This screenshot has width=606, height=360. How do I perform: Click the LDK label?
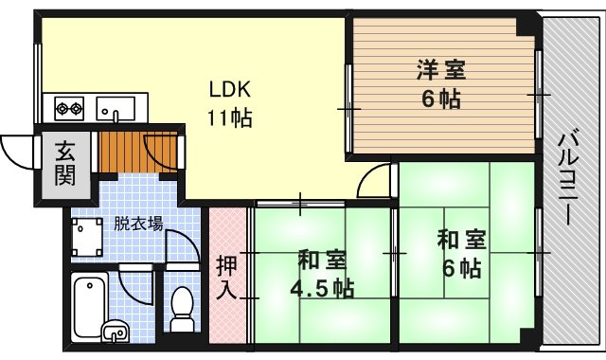point(230,89)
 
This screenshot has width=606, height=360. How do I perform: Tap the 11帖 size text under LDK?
point(230,117)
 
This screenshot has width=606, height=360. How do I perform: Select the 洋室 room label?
point(441,70)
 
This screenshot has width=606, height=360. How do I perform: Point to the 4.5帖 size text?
point(322,288)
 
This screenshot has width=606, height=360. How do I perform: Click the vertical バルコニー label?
point(568,179)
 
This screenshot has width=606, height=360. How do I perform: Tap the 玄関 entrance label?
point(64,163)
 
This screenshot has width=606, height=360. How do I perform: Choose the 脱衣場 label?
point(138,224)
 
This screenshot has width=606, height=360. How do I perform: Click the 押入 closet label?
point(226,277)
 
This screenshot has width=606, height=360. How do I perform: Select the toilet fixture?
point(181,309)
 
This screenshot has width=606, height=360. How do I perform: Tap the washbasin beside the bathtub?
point(116,332)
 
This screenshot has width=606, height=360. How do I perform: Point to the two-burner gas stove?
point(69,108)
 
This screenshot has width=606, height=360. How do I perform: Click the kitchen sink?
point(116,108)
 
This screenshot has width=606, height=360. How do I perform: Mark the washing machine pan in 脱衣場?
point(86,237)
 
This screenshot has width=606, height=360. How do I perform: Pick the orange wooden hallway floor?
point(137,152)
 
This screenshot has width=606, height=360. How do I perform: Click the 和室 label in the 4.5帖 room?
point(322,260)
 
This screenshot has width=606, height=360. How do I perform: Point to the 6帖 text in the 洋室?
point(441,99)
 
